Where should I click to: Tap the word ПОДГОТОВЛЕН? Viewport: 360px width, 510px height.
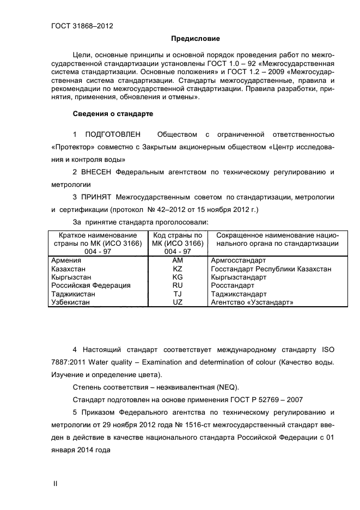tap(113, 134)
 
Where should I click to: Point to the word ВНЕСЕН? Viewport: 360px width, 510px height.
tap(97, 172)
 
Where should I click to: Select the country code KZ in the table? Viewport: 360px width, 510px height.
tap(177, 269)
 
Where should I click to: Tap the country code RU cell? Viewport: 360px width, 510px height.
tap(177, 286)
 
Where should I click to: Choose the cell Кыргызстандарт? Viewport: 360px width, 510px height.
tap(238, 277)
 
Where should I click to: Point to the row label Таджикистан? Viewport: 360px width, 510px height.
tap(73, 294)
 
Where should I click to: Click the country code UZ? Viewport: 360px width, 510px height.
tap(177, 302)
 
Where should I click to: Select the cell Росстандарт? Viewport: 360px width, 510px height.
tap(232, 286)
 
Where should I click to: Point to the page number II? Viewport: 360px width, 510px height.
tap(54, 484)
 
